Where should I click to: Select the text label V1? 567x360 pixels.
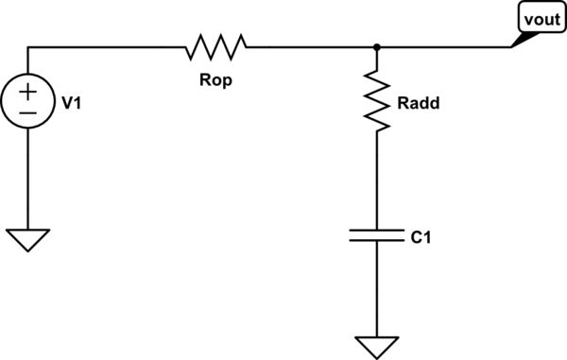(71, 104)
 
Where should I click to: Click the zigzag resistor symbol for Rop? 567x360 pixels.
(216, 45)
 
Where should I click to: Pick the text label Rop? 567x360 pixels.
(215, 80)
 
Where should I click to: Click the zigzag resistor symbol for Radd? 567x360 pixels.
(377, 102)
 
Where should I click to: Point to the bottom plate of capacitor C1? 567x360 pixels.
(377, 240)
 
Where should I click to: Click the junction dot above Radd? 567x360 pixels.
(377, 45)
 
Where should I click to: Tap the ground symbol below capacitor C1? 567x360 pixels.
(377, 346)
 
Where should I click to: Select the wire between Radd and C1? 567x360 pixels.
(377, 180)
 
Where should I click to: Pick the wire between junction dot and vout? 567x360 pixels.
(444, 45)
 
